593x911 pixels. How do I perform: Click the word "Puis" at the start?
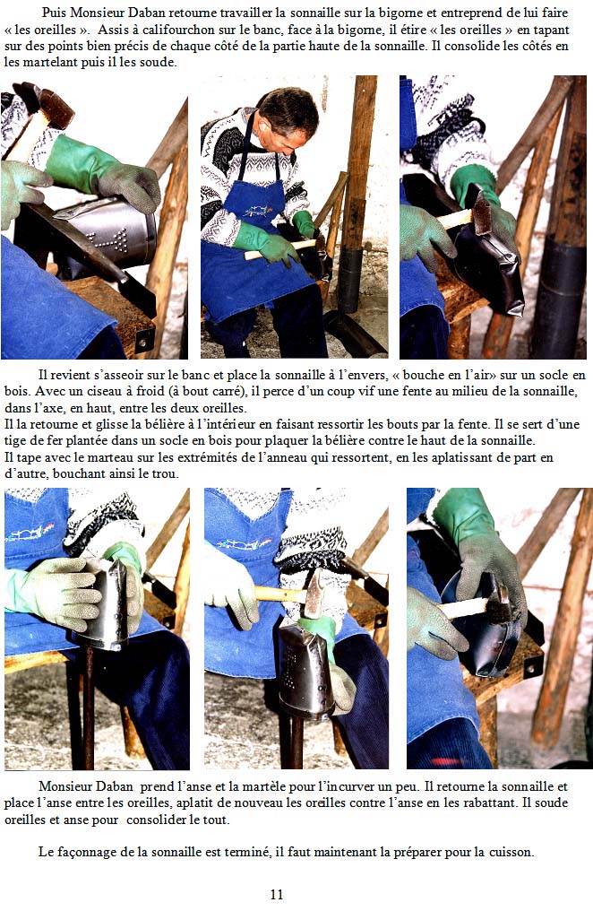[x=53, y=13]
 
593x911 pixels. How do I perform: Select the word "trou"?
[x=167, y=473]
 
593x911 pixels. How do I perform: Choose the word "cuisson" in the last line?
[x=511, y=853]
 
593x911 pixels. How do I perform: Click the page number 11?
[x=277, y=894]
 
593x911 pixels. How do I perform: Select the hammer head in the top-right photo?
[x=481, y=213]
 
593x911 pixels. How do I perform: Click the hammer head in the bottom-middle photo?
[x=314, y=594]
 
